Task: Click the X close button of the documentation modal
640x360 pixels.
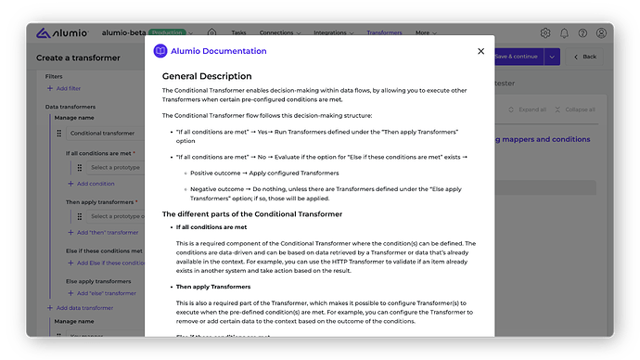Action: point(480,51)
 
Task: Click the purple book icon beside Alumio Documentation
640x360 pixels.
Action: point(160,51)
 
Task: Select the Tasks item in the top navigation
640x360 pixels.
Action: point(239,32)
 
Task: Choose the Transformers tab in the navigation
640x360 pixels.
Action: point(384,32)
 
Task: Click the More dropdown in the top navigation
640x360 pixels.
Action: point(425,32)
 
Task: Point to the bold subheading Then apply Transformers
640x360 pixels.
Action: point(213,287)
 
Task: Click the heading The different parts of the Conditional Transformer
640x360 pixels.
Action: point(252,214)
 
